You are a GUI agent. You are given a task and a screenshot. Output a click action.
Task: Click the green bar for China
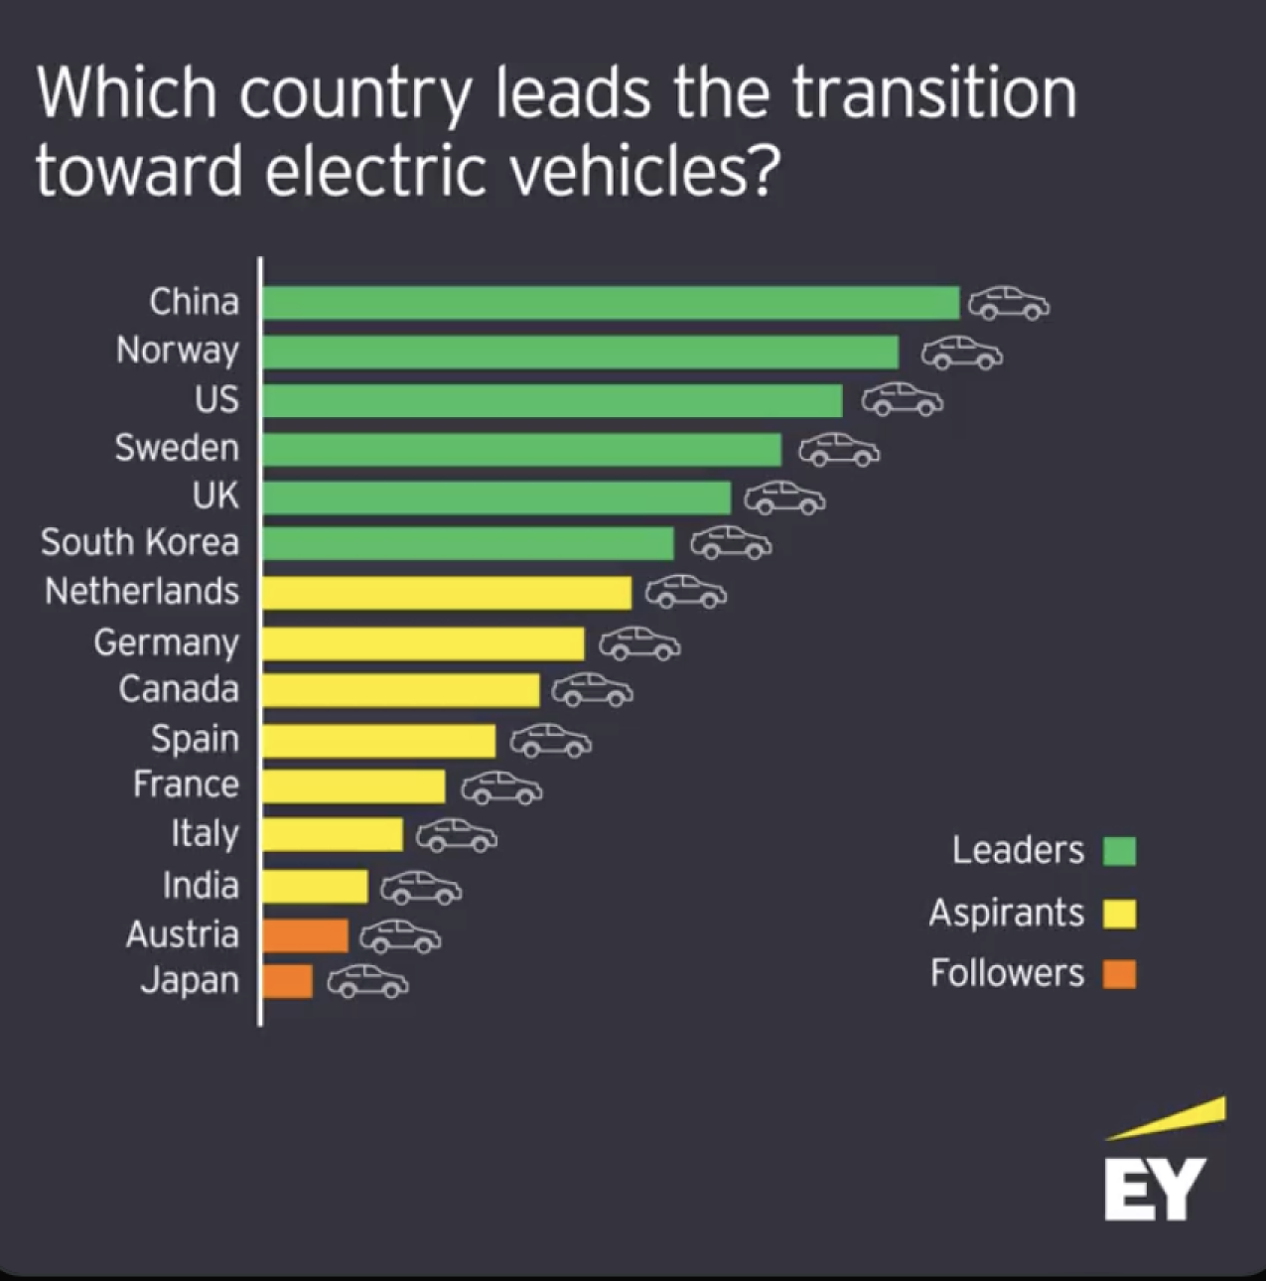611,303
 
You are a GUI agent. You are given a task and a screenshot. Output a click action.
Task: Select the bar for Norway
580,352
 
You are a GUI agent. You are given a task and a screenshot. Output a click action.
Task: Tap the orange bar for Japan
287,981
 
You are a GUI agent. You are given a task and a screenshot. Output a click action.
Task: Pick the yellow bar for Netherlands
447,594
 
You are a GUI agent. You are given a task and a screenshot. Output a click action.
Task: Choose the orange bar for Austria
305,935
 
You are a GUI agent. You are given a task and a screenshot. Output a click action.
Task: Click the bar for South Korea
468,543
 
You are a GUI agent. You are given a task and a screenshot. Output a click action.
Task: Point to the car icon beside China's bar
1009,303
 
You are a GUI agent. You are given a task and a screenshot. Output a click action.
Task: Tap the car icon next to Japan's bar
367,982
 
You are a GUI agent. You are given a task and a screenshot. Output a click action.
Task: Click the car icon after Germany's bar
639,643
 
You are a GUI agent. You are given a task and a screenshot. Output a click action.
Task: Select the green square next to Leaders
1119,851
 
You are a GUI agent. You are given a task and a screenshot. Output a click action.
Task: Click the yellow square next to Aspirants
1119,914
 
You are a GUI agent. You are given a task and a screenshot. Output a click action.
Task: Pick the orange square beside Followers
1119,974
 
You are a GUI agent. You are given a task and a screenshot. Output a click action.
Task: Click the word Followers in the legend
1007,973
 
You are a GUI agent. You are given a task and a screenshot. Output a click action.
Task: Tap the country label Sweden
177,448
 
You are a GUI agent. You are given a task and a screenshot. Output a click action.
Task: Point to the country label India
201,885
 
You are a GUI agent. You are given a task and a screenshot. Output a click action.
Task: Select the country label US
216,399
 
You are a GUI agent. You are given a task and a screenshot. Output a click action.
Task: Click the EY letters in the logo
1154,1189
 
